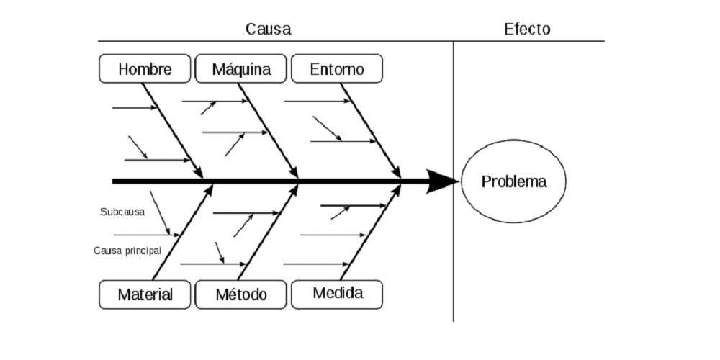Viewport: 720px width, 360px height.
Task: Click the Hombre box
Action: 145,69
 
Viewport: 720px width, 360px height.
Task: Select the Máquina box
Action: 241,69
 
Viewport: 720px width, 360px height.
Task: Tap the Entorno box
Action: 337,69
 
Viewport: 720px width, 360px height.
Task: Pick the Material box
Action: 145,294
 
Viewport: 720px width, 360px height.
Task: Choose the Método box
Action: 241,294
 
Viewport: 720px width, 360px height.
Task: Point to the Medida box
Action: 337,294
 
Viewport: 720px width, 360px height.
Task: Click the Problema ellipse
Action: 513,181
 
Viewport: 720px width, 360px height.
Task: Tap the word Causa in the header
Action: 268,30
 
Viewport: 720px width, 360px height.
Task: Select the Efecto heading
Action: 527,30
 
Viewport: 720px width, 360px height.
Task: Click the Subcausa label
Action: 122,212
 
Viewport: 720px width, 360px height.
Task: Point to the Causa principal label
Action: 127,251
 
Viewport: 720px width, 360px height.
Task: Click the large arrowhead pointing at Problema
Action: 441,181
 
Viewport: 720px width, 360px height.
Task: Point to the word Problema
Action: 513,181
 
